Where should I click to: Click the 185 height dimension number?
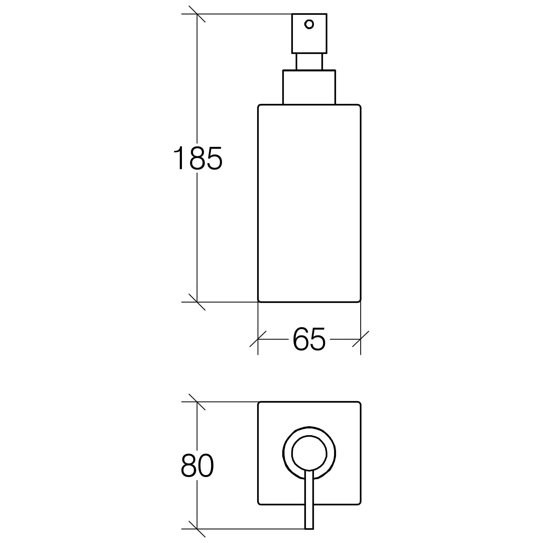click(198, 158)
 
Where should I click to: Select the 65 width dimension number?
click(309, 339)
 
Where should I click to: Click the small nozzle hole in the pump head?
click(309, 24)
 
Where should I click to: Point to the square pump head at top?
click(309, 33)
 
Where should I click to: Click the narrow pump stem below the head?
click(309, 62)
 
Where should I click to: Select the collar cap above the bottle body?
click(309, 87)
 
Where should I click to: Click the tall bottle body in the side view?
click(309, 203)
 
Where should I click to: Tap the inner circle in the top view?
click(309, 453)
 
